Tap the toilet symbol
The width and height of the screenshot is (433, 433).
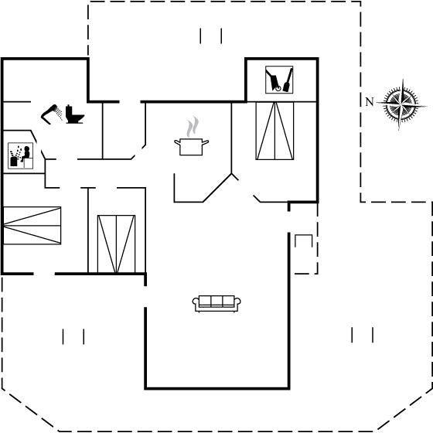click(74, 114)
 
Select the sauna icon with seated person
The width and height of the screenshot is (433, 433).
click(20, 155)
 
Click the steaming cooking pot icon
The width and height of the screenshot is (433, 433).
click(192, 136)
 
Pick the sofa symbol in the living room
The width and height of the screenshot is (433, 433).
click(216, 303)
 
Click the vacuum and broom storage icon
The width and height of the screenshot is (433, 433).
click(279, 80)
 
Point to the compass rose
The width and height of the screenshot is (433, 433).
click(402, 104)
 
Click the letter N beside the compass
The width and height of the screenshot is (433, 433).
click(370, 102)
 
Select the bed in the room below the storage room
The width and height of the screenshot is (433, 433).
click(274, 131)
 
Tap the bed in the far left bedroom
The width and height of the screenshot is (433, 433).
click(32, 226)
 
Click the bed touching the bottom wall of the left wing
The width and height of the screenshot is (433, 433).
click(117, 244)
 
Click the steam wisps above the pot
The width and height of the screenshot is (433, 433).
click(193, 127)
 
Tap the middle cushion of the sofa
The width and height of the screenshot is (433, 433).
click(216, 301)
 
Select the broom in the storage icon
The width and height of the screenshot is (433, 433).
click(288, 80)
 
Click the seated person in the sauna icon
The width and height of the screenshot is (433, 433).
click(26, 154)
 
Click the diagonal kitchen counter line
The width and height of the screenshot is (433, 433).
click(217, 188)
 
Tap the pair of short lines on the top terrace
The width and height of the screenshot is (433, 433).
click(211, 36)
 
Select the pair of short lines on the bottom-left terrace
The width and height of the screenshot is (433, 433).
click(73, 336)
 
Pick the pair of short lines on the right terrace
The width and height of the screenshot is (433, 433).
click(363, 335)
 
